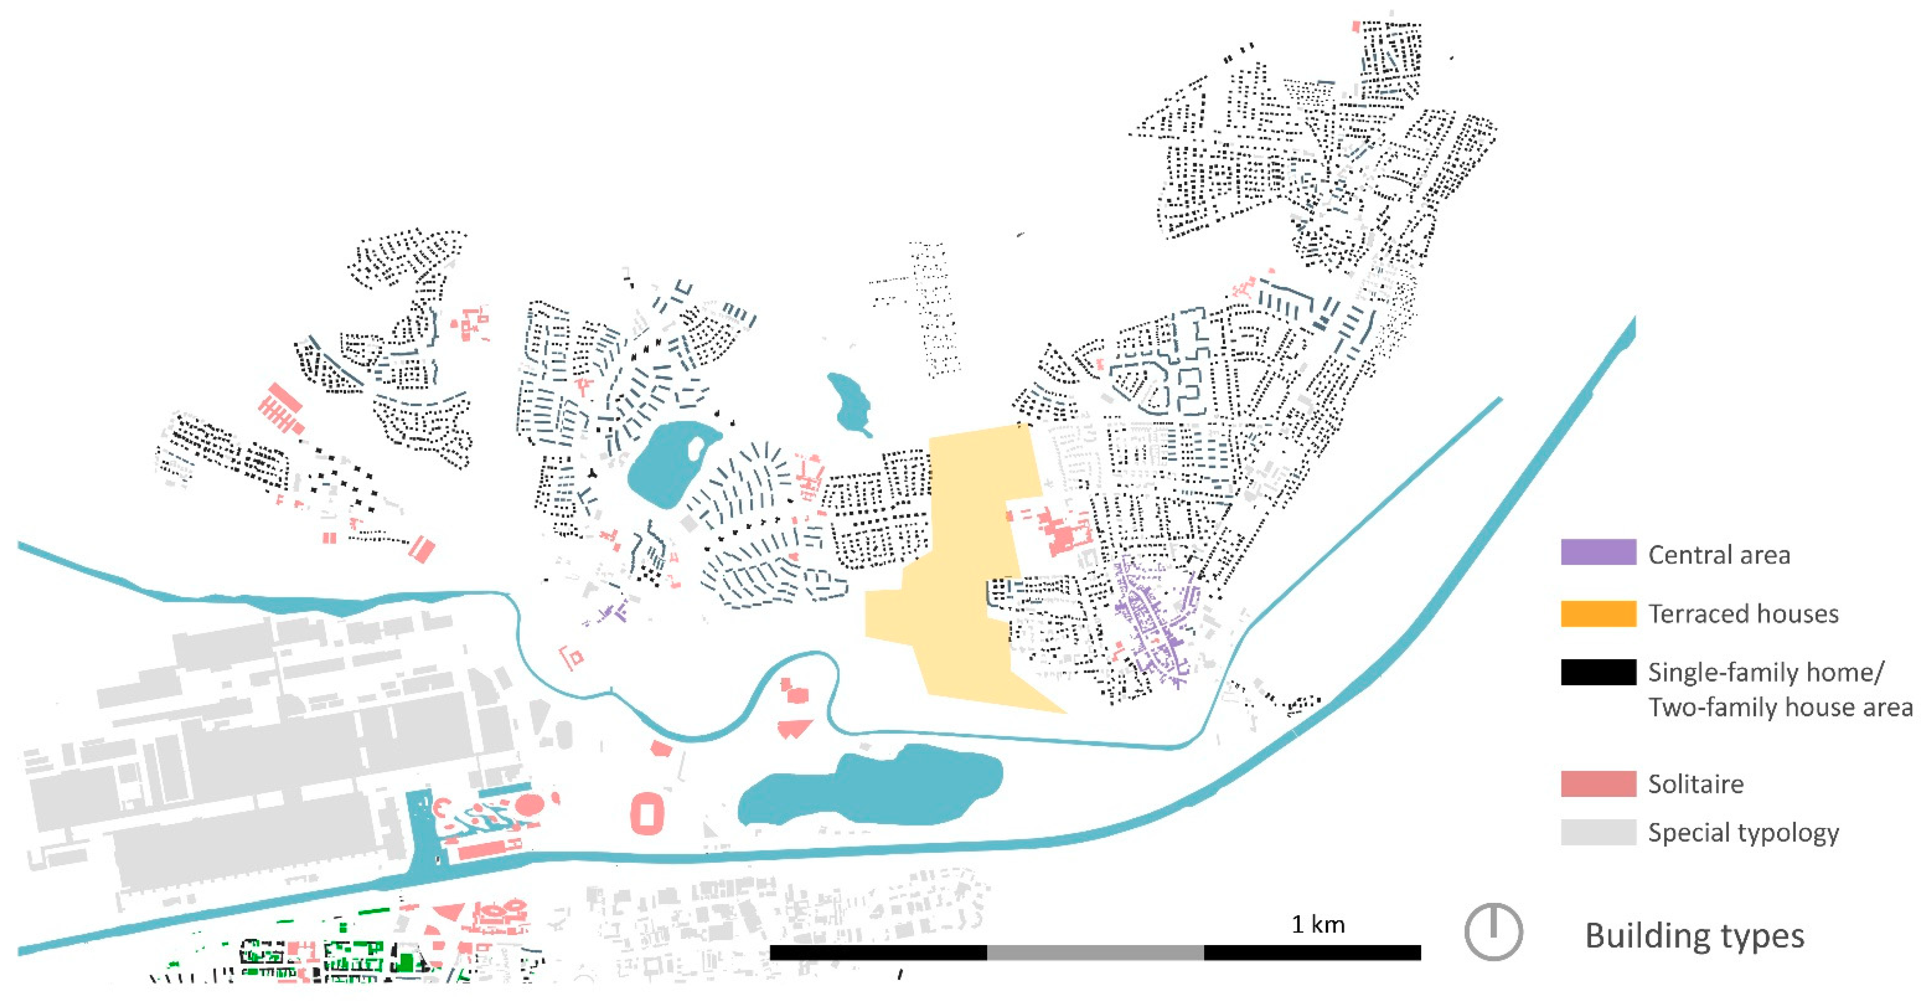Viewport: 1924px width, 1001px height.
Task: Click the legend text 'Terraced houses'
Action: coord(1743,613)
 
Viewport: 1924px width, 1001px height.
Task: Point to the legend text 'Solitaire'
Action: coord(1695,784)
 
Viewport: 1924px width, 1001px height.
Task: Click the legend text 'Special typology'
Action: coord(1743,832)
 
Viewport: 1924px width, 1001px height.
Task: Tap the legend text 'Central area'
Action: coord(1718,555)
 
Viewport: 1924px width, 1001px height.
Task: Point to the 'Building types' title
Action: coord(1694,935)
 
